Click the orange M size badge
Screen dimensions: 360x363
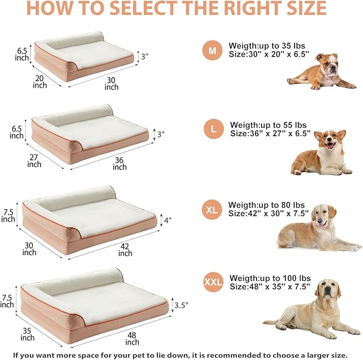tap(213, 51)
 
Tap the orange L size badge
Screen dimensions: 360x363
tap(214, 129)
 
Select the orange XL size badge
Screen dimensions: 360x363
tap(212, 210)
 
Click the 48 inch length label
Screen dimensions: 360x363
tap(133, 338)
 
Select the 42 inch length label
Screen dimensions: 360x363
tap(125, 249)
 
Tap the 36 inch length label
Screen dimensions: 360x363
tap(120, 163)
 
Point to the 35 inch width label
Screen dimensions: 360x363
tap(27, 334)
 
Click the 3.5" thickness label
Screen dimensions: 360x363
tap(181, 305)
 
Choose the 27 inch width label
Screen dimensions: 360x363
tap(34, 161)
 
